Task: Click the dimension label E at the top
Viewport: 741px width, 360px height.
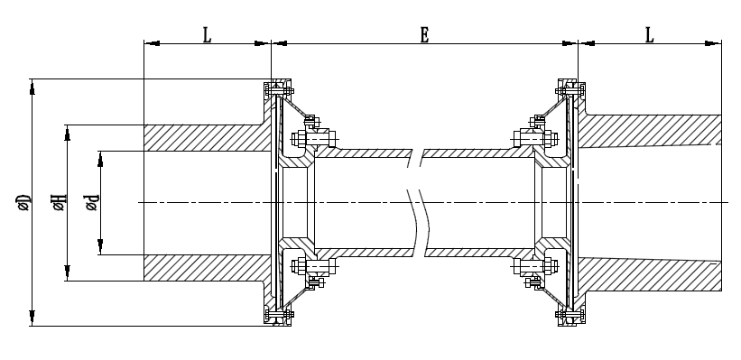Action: click(424, 35)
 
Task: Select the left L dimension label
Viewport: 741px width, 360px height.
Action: click(207, 35)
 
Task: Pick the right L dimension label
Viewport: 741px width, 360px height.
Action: click(650, 35)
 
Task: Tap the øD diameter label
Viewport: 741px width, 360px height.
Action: click(23, 203)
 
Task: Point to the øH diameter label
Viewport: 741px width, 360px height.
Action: click(60, 203)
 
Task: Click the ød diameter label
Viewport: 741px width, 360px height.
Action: click(92, 203)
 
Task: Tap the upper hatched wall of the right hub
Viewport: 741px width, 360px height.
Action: click(650, 131)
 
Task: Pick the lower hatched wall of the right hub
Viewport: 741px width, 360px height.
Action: click(650, 274)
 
